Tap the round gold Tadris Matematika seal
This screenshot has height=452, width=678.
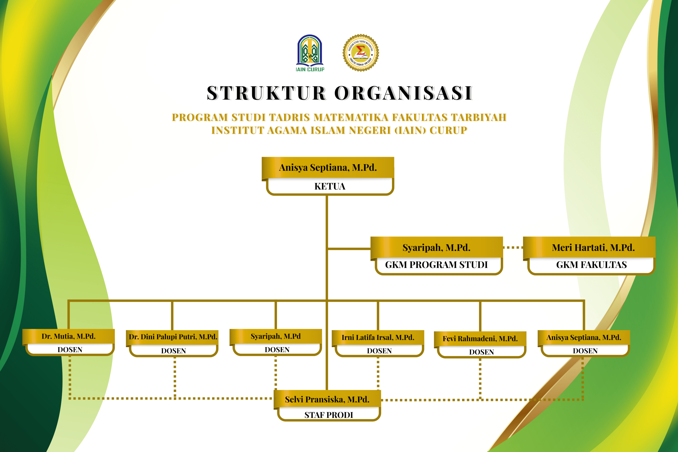361,53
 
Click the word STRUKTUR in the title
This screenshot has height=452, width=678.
266,93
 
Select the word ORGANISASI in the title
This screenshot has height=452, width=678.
403,93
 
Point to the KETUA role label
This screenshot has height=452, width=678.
329,186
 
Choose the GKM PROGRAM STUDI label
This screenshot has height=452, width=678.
436,265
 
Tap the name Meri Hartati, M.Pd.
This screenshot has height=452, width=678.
593,248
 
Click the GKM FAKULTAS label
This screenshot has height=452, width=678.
591,265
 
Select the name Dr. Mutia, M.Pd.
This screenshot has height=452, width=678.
68,336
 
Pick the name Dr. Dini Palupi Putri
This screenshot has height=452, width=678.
173,337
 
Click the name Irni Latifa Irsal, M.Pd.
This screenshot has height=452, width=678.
378,337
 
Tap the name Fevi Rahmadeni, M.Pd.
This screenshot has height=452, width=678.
480,338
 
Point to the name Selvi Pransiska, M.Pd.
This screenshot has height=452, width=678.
327,399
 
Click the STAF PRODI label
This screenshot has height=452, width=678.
329,415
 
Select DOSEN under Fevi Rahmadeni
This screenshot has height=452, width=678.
481,352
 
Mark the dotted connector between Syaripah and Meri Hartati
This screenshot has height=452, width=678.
513,247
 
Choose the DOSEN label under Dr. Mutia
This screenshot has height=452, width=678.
70,350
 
